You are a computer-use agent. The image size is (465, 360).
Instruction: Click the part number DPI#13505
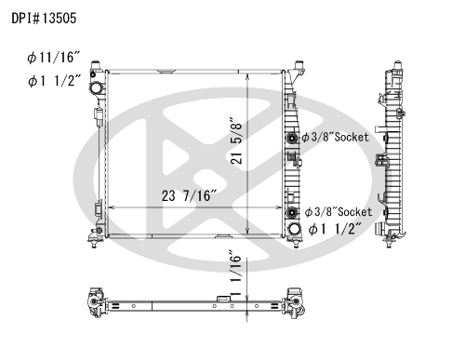tap(44, 19)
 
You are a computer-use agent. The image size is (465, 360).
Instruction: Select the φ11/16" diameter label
tap(54, 58)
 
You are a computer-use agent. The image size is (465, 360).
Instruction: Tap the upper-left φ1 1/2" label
tap(54, 81)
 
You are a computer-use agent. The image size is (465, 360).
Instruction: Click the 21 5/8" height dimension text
tap(236, 140)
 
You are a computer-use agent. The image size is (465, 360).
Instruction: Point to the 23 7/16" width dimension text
tap(189, 195)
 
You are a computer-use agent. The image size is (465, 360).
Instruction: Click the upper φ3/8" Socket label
tap(336, 137)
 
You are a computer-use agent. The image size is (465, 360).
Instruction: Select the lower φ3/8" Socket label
tap(339, 212)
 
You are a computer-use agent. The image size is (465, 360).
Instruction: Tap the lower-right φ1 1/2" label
tap(336, 230)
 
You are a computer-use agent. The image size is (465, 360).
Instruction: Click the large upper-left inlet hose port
tap(96, 88)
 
